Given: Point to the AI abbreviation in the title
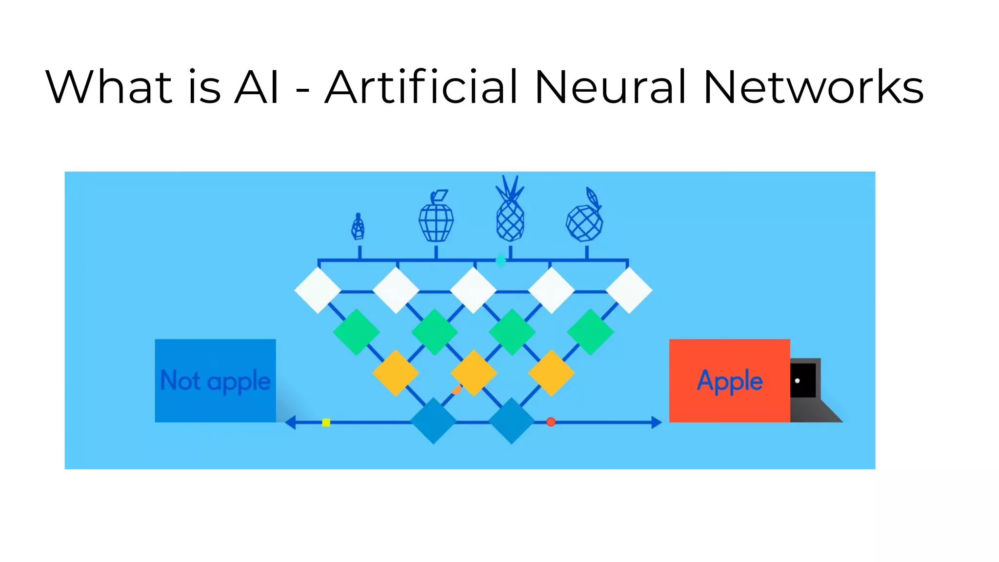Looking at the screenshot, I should click(257, 88).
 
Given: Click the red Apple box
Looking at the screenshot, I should click(729, 381).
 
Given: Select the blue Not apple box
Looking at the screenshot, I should click(215, 381).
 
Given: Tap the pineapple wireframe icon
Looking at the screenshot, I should click(510, 210).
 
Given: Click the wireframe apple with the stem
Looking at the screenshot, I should click(436, 217).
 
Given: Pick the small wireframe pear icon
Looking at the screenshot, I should click(359, 227).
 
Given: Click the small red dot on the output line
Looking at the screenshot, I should click(551, 422).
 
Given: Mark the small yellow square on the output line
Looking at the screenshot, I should click(326, 422).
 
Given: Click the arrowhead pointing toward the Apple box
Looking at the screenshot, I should click(657, 422).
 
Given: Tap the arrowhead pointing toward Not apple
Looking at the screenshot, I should click(290, 422).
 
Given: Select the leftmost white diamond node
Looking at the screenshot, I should click(318, 290).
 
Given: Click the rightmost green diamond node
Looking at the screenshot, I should click(590, 332).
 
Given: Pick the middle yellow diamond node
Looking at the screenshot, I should click(473, 373).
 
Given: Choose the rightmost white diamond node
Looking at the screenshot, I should click(629, 290).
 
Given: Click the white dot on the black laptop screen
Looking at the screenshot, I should click(797, 381).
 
